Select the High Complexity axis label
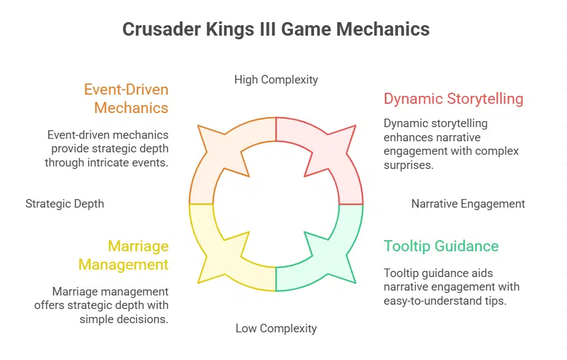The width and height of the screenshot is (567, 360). [276, 79]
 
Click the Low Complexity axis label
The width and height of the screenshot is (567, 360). [276, 329]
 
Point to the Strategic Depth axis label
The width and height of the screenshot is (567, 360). [65, 203]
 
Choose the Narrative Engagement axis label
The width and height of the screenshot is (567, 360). [468, 203]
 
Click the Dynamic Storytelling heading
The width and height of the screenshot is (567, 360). [453, 99]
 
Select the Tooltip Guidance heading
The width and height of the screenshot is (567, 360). [441, 246]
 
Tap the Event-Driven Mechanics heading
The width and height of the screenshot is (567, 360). [126, 99]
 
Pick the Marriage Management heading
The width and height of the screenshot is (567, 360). [138, 256]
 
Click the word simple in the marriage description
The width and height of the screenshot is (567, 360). [95, 319]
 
